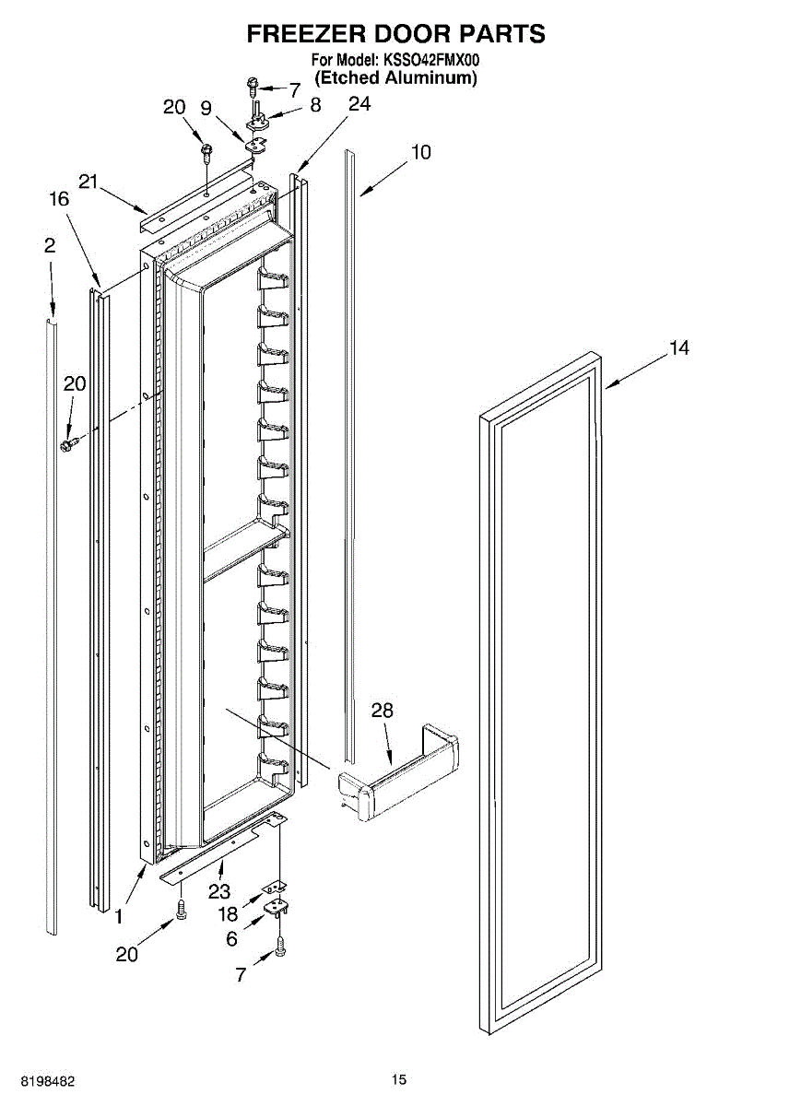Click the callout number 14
click(679, 348)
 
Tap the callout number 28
click(383, 711)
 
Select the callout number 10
click(421, 152)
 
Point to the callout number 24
click(359, 103)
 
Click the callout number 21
click(88, 182)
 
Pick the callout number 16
click(59, 199)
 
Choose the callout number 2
click(50, 245)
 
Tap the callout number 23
click(219, 891)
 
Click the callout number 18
click(229, 914)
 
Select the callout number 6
click(231, 938)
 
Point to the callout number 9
click(206, 108)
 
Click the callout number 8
click(315, 105)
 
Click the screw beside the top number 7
click(253, 88)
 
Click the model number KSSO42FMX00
click(429, 60)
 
